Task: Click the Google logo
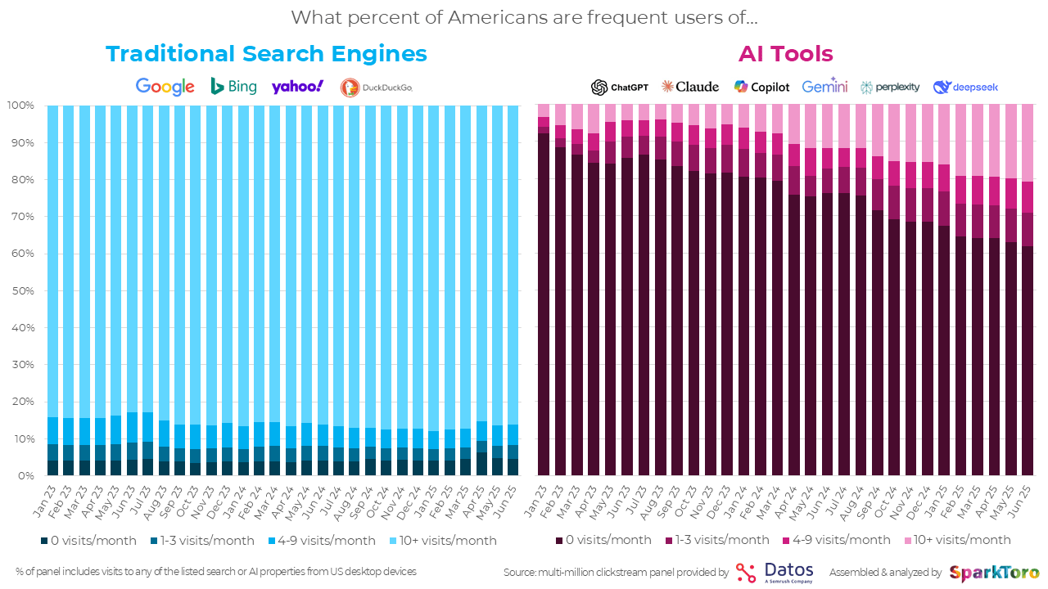pos(165,87)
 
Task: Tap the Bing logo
pos(233,86)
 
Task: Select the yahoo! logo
pos(297,87)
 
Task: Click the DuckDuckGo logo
pos(377,88)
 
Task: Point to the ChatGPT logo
pos(620,87)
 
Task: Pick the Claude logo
pos(690,87)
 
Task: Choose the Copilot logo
pos(761,87)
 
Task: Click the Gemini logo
pos(824,87)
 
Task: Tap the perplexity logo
pos(890,87)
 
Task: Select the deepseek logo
pos(965,87)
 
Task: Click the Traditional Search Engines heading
pos(266,54)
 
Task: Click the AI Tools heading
pos(785,54)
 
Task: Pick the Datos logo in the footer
pos(775,572)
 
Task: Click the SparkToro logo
pos(995,573)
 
